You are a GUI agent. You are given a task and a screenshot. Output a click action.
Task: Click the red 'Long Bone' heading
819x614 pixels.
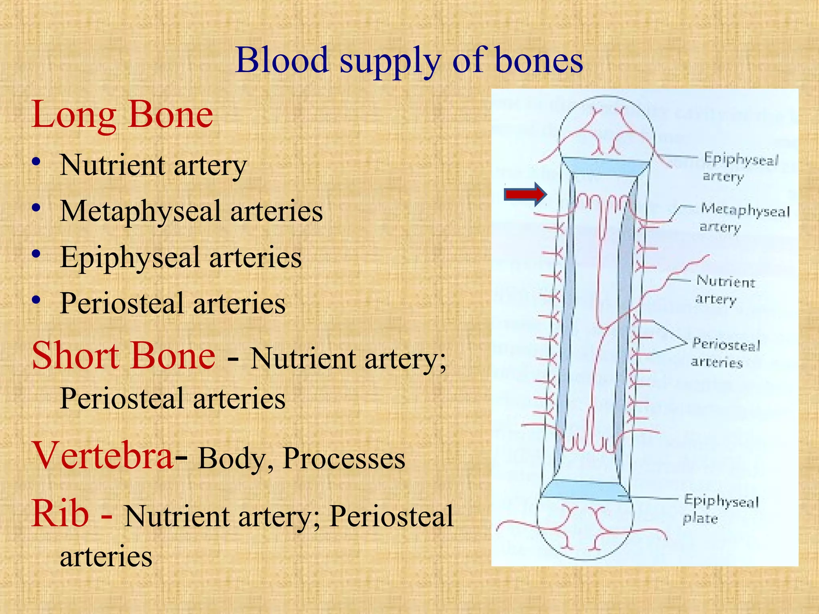click(122, 115)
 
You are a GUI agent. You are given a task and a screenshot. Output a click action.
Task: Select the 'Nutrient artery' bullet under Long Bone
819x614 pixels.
click(153, 165)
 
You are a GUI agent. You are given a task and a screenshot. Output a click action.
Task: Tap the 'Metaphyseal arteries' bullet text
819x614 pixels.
click(191, 211)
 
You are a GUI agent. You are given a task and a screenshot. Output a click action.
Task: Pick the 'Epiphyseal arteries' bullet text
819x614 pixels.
click(181, 257)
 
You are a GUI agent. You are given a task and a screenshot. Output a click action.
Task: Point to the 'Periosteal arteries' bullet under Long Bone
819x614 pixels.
click(173, 303)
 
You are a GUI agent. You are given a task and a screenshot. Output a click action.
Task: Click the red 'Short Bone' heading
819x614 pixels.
click(124, 355)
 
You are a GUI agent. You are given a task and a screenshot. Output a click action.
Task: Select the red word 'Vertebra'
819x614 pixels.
click(103, 455)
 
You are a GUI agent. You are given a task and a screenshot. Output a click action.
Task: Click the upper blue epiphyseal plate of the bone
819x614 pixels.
click(605, 165)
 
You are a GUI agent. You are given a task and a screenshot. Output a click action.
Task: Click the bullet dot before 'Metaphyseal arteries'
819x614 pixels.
click(36, 208)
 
